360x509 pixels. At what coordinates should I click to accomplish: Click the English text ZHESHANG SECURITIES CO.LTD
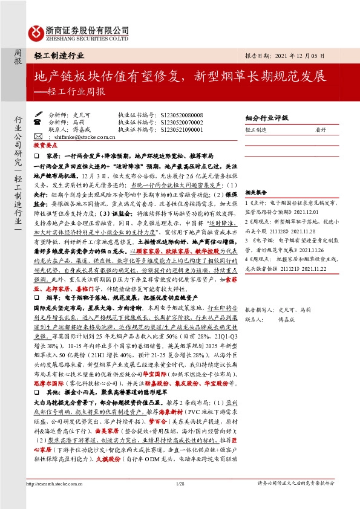click(87, 38)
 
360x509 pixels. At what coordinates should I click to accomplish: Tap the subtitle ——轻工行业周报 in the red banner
click(70, 92)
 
